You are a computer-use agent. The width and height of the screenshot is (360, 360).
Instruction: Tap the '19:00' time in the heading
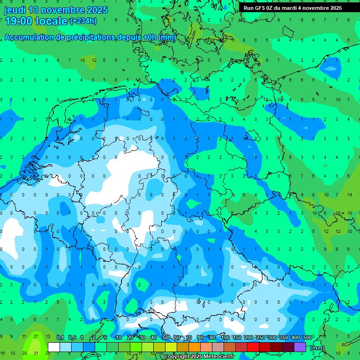point(19,21)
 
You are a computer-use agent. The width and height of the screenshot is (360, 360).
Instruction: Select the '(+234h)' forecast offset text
point(83,21)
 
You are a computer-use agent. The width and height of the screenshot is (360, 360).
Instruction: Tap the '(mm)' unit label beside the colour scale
point(317,347)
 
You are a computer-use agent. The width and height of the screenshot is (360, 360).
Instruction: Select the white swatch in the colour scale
point(54,347)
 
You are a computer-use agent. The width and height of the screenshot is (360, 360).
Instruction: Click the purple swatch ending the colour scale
point(300,347)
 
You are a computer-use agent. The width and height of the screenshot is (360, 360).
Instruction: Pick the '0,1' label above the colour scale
point(60,338)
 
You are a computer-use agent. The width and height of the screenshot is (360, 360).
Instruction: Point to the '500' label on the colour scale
point(307,338)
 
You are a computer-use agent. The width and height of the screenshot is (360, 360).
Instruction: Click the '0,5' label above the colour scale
point(72,338)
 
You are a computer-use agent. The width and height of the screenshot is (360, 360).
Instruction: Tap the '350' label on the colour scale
point(284,338)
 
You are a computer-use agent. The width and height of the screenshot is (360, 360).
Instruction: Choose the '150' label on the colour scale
point(237,338)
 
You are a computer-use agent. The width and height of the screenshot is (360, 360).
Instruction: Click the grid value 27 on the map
point(36,336)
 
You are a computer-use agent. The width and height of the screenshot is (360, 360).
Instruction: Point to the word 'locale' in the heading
point(53,21)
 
